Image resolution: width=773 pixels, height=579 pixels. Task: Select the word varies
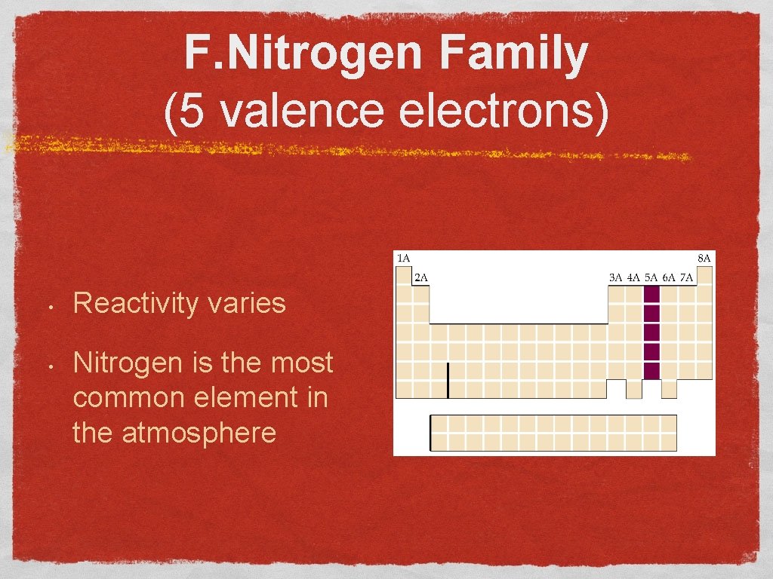point(252,304)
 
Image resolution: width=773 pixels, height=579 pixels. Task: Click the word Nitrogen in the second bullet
point(132,363)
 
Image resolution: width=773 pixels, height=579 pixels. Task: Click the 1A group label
point(404,259)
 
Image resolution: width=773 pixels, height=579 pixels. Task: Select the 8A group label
point(704,259)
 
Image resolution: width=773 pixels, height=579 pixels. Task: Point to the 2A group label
point(421,277)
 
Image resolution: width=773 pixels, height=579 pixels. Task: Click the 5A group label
point(651,277)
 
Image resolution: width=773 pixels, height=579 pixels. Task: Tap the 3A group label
point(615,277)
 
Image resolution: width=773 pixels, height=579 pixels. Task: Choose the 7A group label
point(686,277)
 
